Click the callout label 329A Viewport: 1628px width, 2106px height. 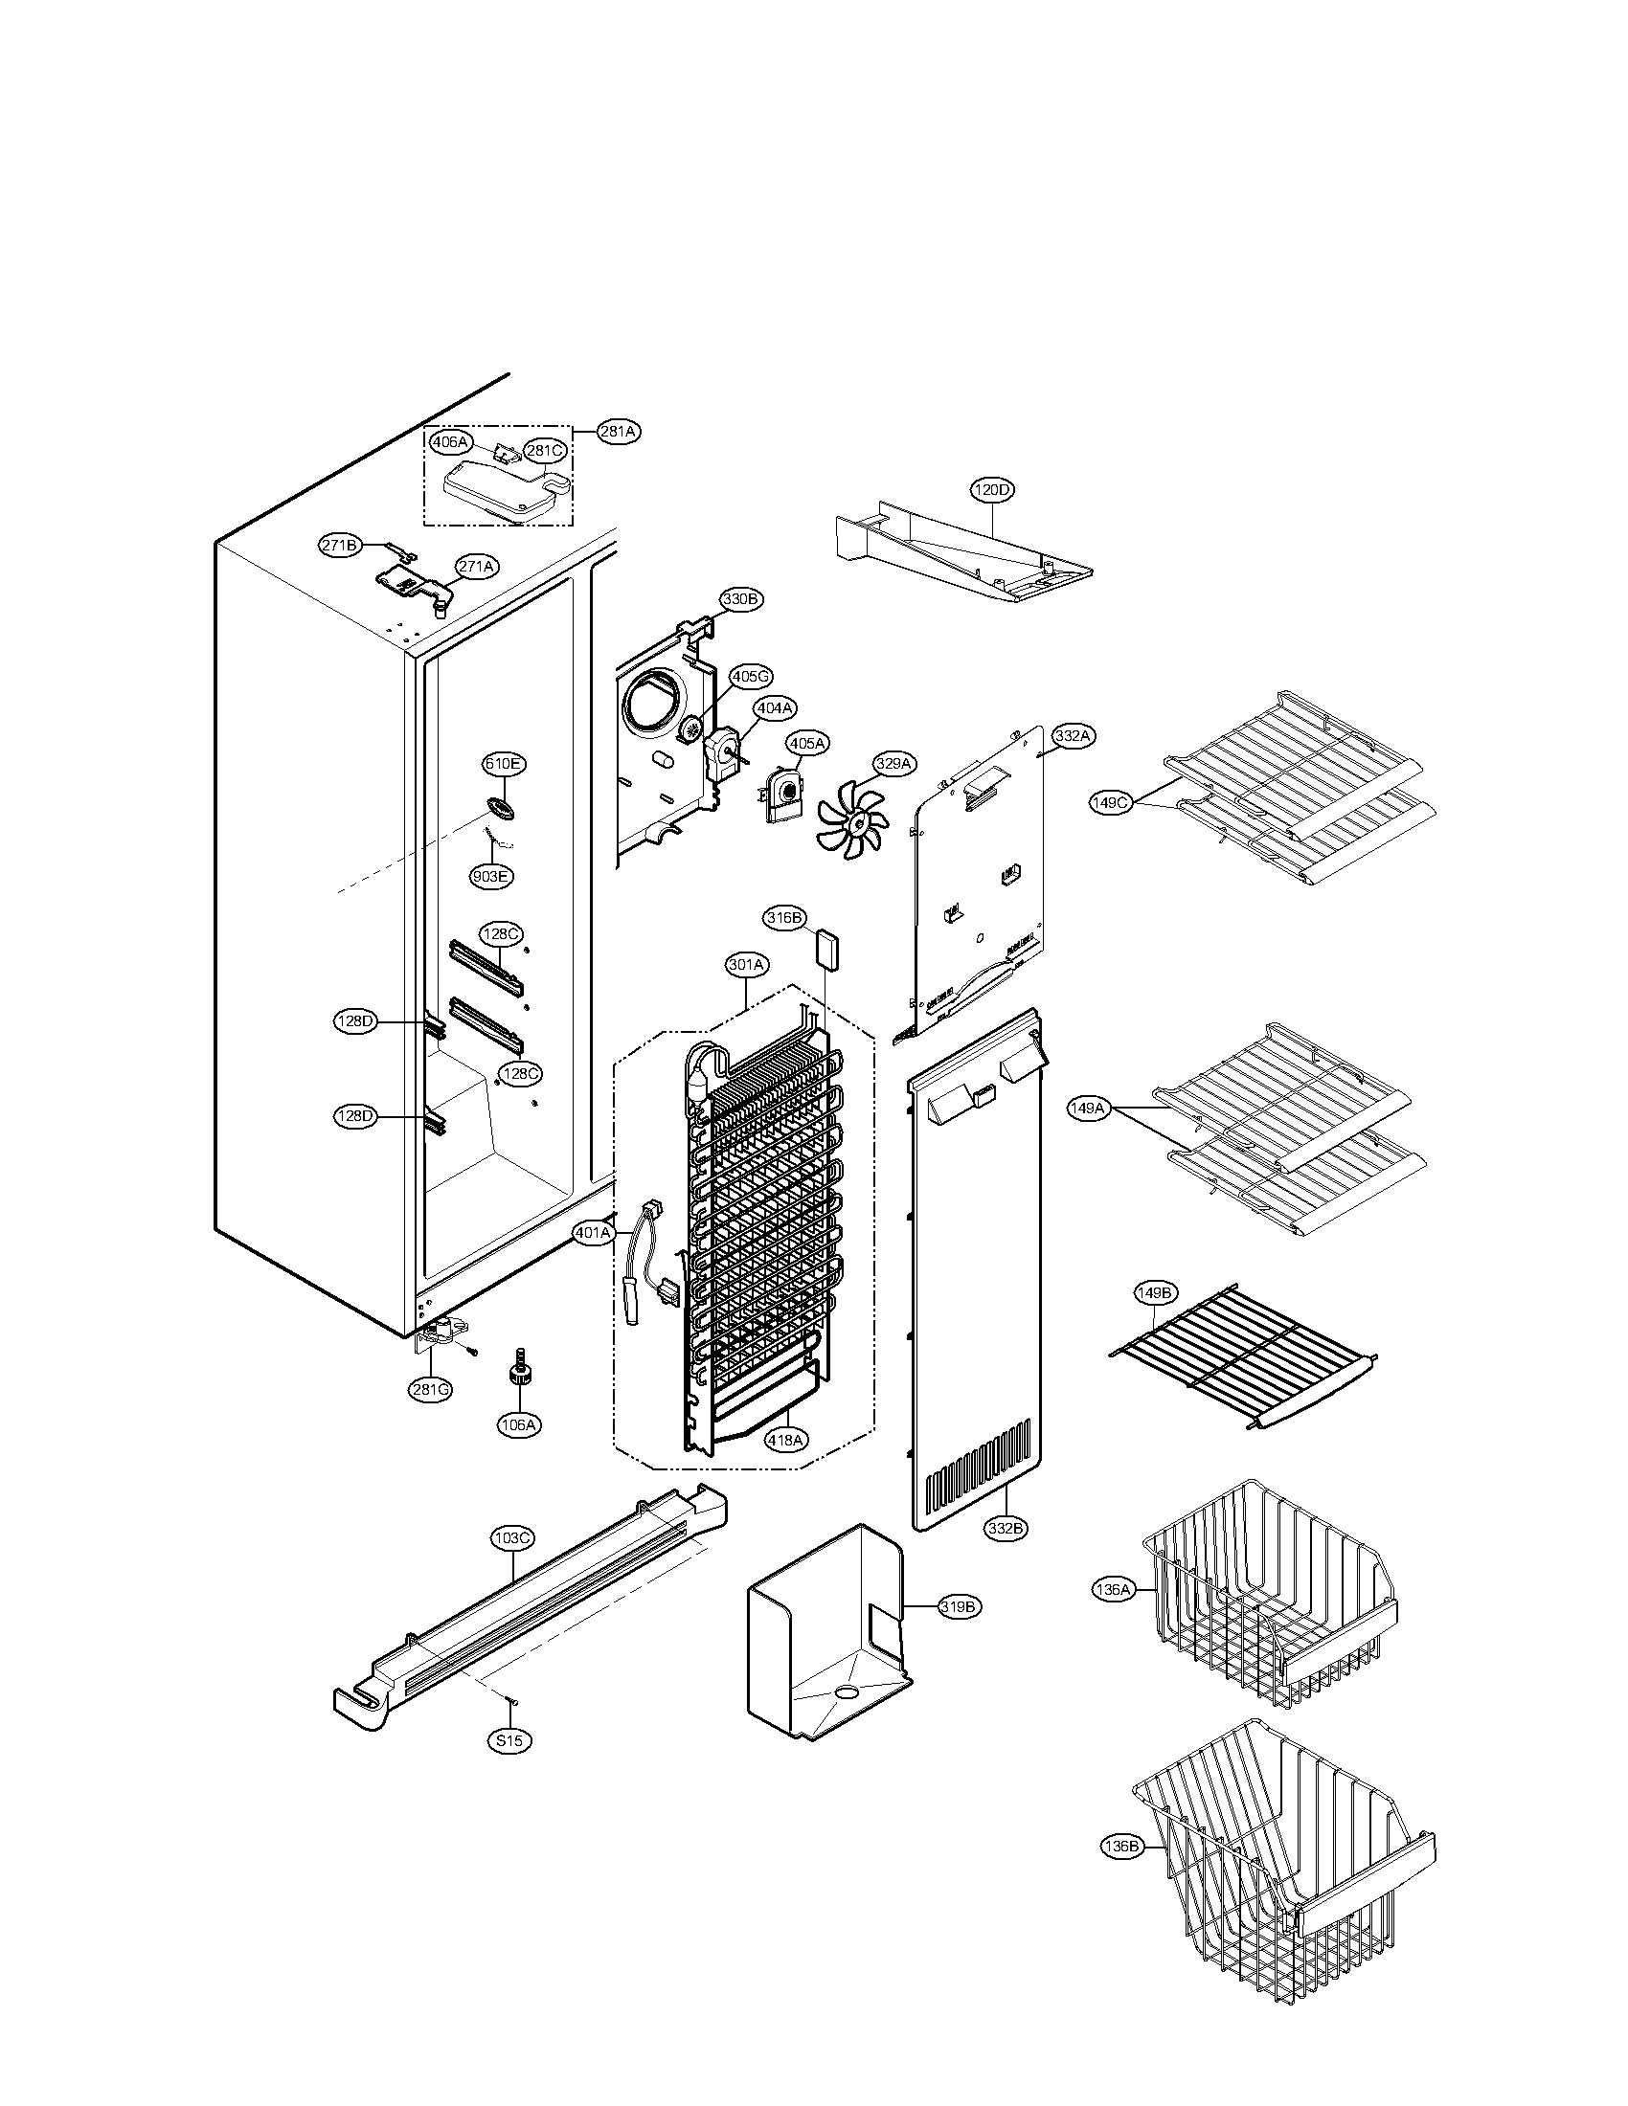(x=893, y=764)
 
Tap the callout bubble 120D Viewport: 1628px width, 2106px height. (x=991, y=490)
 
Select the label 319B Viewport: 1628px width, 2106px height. (x=960, y=1606)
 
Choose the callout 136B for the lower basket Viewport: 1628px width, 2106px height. (x=1121, y=1847)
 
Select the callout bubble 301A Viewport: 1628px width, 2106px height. (x=748, y=963)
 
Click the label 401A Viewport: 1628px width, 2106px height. (x=593, y=1232)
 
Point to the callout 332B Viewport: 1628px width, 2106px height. (x=1005, y=1529)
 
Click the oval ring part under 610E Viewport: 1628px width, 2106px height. (x=502, y=806)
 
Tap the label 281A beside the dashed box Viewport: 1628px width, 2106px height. (x=619, y=432)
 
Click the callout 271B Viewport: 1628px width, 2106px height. (x=340, y=546)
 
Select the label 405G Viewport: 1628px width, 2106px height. (x=751, y=677)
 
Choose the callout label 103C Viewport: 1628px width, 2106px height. (x=511, y=1538)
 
